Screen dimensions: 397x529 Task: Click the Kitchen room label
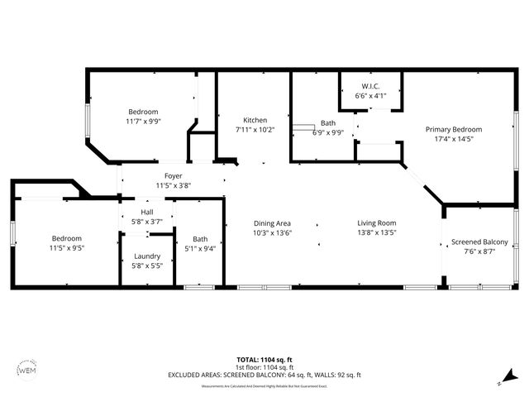[x=254, y=120]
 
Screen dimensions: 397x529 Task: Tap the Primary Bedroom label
[x=453, y=129]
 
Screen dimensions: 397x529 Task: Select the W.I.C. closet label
[x=370, y=87]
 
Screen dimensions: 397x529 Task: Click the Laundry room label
[x=147, y=256]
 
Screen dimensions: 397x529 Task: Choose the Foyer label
[x=173, y=175]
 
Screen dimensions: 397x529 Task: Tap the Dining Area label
[x=272, y=222]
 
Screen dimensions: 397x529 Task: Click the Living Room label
[x=376, y=222]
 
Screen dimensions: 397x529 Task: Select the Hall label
[x=147, y=212]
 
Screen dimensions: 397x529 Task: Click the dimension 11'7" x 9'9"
[x=143, y=121]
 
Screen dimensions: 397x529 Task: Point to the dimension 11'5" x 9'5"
[x=66, y=247]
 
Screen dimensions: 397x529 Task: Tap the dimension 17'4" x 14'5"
[x=453, y=139]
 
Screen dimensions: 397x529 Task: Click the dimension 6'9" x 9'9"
[x=327, y=132]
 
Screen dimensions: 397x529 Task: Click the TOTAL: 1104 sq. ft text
[x=264, y=359]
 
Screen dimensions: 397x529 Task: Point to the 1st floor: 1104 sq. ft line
[x=264, y=366]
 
